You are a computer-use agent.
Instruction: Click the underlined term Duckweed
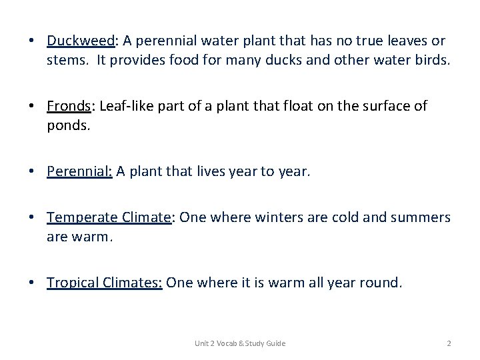tap(81, 41)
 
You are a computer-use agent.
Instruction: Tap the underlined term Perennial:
tap(80, 171)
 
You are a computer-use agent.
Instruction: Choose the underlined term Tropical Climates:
tap(105, 283)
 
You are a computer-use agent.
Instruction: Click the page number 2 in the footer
tap(449, 343)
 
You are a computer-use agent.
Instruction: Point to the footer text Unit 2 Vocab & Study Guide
tap(240, 343)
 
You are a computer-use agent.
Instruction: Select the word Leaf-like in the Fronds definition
tap(123, 106)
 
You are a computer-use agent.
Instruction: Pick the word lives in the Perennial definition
tap(215, 171)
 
